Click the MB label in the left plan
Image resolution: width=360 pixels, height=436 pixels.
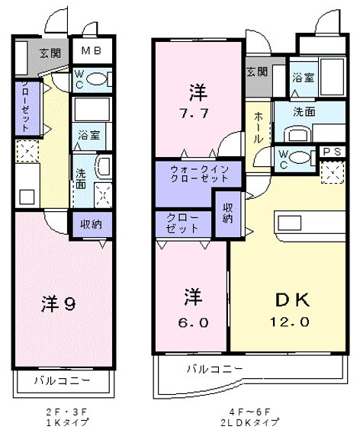tap(92, 50)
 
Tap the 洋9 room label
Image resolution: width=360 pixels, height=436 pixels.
tap(59, 303)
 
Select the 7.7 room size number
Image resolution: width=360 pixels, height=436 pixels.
tap(194, 114)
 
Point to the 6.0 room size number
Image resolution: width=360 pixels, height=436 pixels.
tap(193, 322)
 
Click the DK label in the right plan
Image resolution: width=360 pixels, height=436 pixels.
tap(292, 300)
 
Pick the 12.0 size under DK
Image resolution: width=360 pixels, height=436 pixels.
tap(289, 322)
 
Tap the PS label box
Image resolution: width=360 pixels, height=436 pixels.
tap(332, 152)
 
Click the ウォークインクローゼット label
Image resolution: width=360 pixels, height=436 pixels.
tap(199, 174)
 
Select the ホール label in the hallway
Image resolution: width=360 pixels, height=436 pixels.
tap(258, 127)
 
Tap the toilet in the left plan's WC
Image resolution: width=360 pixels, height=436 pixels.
tap(98, 79)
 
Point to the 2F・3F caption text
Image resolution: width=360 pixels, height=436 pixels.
tap(67, 412)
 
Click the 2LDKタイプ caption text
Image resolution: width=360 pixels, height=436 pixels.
tap(249, 422)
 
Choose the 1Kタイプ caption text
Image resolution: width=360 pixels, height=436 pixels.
tap(67, 422)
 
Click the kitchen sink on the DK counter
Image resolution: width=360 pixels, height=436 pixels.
tap(290, 223)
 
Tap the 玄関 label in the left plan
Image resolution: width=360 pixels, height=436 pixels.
tap(50, 53)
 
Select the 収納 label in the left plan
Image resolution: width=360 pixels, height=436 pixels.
tap(91, 224)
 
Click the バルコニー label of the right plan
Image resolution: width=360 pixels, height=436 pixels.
tap(214, 369)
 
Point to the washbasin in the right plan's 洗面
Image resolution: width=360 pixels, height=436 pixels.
tap(297, 134)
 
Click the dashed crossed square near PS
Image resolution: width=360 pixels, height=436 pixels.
tap(333, 172)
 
